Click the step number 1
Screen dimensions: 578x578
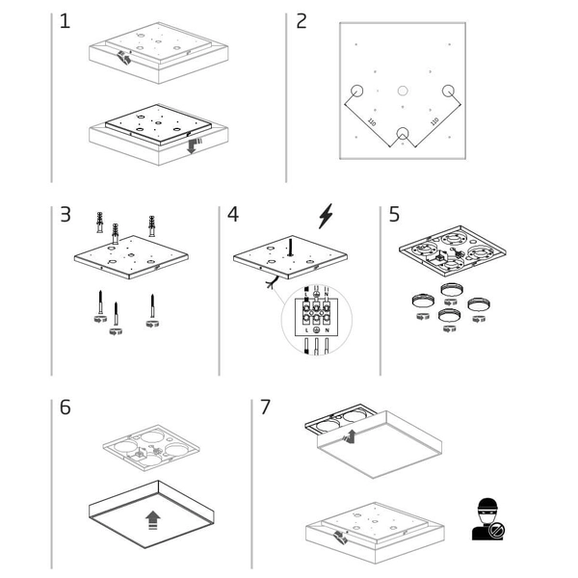tap(65, 21)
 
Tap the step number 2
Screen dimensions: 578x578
tap(302, 21)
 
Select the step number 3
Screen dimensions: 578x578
tap(65, 214)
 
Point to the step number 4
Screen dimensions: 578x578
tap(233, 214)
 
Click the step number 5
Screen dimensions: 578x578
tap(394, 214)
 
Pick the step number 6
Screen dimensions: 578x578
tap(65, 407)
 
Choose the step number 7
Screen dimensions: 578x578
tap(265, 407)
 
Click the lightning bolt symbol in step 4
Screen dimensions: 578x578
tap(327, 216)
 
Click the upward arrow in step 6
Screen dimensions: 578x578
tap(151, 521)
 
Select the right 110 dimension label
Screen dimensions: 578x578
tap(433, 122)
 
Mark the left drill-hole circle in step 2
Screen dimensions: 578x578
tap(357, 91)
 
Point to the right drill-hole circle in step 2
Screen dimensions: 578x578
tap(448, 91)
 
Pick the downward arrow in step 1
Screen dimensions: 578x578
tap(193, 147)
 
